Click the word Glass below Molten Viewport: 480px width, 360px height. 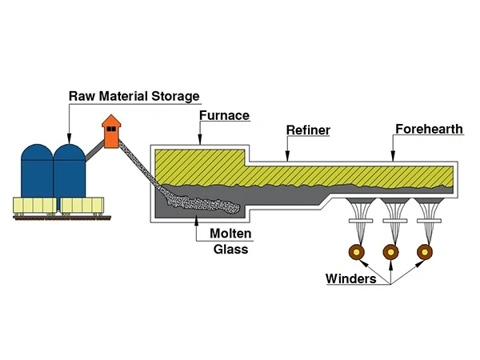(230, 249)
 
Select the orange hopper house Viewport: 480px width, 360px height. (111, 133)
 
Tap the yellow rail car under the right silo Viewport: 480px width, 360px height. (82, 206)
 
